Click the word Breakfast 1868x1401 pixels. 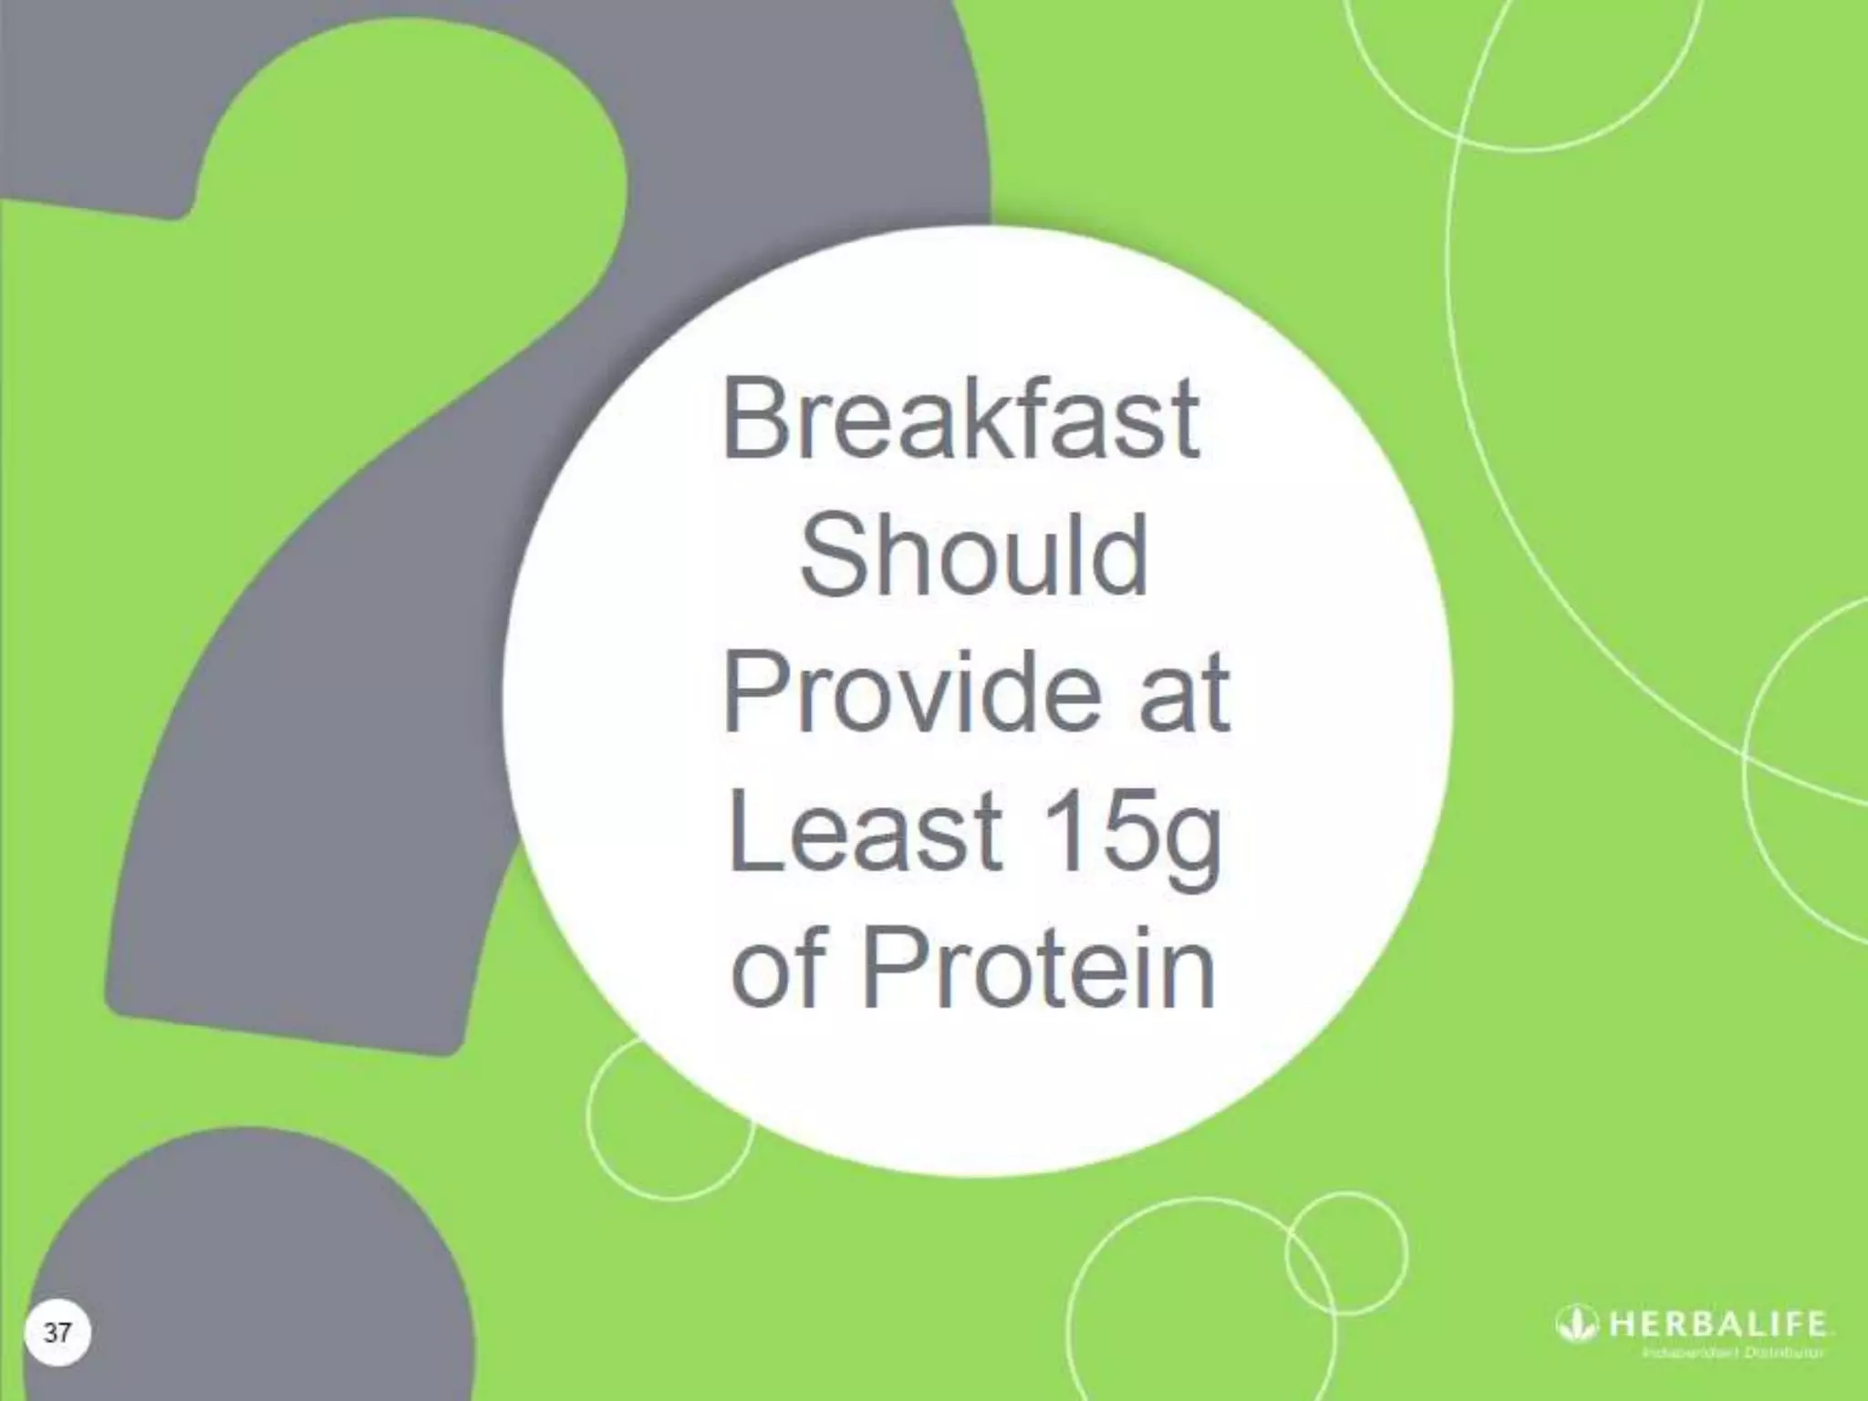coord(960,420)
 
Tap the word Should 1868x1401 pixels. coord(974,555)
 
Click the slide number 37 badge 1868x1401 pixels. coord(57,1333)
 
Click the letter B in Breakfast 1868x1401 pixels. coord(754,420)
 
